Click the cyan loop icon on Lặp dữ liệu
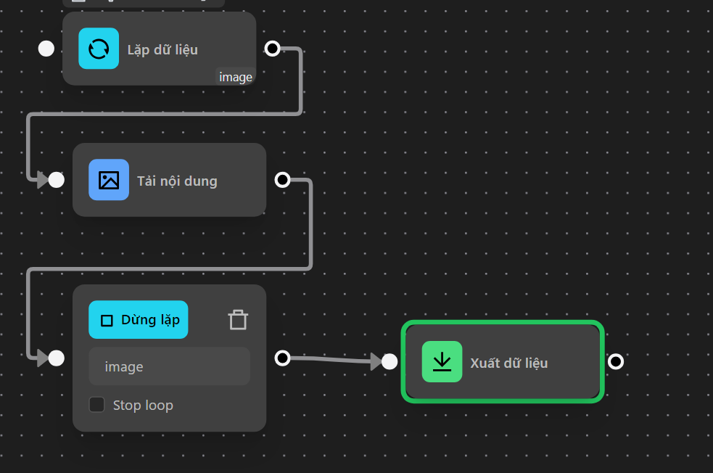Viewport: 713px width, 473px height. click(99, 49)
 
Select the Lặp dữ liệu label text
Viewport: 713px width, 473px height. click(162, 49)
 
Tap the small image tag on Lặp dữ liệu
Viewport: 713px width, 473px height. click(236, 77)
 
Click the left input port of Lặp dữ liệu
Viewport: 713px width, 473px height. click(46, 49)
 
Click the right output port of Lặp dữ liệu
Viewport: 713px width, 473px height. click(272, 49)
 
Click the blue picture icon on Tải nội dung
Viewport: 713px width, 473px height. click(109, 180)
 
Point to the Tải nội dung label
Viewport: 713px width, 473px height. click(177, 181)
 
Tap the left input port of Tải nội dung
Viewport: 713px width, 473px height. click(57, 180)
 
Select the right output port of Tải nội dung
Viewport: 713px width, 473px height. click(282, 180)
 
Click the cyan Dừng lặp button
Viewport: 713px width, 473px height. click(138, 320)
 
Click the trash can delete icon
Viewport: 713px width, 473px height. click(238, 320)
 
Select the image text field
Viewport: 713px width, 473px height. click(169, 366)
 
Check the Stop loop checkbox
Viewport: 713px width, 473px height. click(96, 405)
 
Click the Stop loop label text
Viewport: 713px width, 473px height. click(143, 405)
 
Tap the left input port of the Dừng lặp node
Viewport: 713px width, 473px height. click(57, 358)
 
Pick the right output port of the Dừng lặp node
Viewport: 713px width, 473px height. click(282, 358)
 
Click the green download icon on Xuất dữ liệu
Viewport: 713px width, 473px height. click(442, 361)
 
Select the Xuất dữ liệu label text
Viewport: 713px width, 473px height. click(508, 363)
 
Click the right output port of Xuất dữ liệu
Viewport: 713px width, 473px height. click(615, 361)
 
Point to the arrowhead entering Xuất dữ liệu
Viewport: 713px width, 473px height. click(376, 361)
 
